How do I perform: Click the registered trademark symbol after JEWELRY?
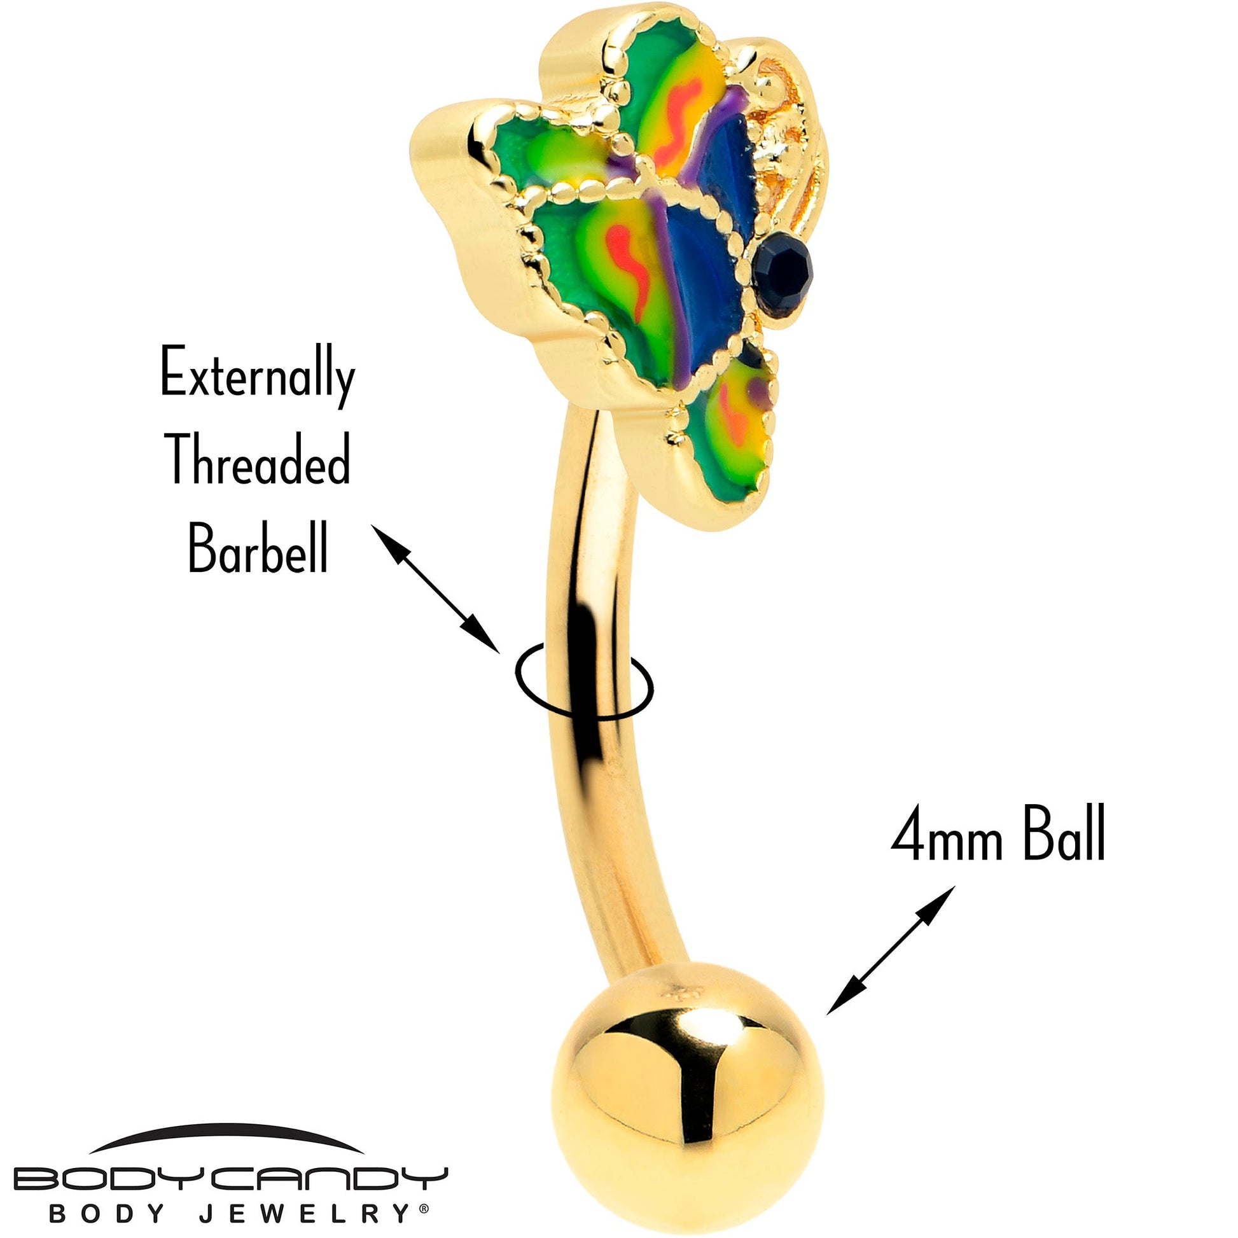click(424, 1207)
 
